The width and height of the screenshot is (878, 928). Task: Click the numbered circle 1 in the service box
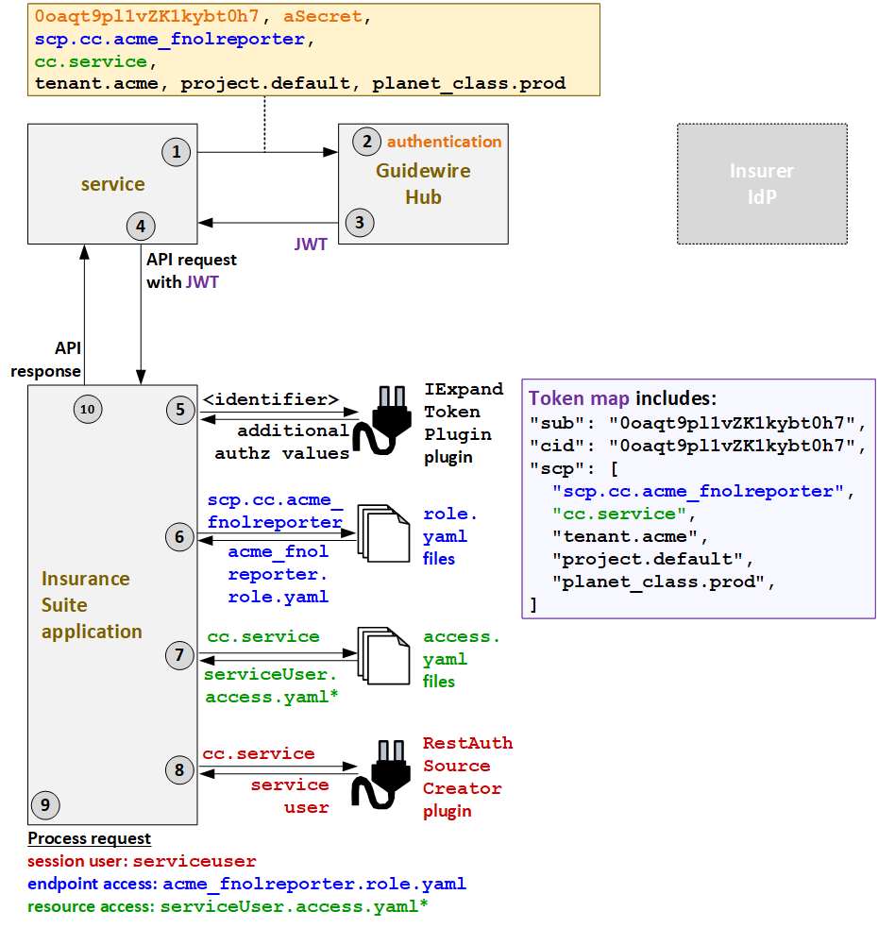pos(176,152)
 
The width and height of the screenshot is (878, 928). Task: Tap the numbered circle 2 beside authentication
pos(364,143)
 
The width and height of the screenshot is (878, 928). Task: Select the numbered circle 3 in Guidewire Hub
pos(359,223)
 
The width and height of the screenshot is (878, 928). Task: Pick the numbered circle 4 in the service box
pos(140,226)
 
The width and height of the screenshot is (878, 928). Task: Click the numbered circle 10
pos(87,409)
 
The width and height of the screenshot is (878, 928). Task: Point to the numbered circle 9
pos(44,804)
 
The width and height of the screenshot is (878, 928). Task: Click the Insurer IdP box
pos(761,184)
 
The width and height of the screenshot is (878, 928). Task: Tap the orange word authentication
pos(444,142)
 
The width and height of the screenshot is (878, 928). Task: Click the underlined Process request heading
pos(89,838)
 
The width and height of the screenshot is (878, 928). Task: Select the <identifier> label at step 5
pos(272,400)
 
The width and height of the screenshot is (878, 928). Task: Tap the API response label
pos(45,359)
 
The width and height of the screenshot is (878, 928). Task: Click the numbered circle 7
pos(179,656)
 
